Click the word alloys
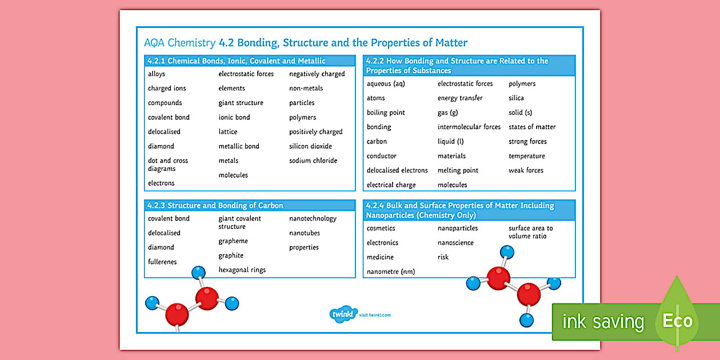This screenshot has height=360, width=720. tap(157, 74)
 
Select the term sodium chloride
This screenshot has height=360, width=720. tap(313, 161)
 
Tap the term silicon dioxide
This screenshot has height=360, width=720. tap(310, 146)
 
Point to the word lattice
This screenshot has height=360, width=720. tap(228, 131)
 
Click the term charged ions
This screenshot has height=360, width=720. tap(167, 89)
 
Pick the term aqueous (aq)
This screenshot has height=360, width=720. tap(386, 84)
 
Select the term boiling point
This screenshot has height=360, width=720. tap(386, 113)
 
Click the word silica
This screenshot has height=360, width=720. tap(516, 98)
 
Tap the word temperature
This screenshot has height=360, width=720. tap(527, 156)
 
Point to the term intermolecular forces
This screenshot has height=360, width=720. tap(469, 127)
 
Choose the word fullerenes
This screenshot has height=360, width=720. tap(162, 262)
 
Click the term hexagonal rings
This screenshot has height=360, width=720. tap(242, 270)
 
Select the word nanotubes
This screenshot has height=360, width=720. tap(305, 233)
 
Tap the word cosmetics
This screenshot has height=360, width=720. tap(381, 229)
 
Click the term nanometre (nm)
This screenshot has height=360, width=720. tap(391, 271)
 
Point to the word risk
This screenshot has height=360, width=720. tap(443, 257)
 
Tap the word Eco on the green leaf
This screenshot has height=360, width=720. tap(677, 321)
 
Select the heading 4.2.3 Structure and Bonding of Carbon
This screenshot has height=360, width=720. tap(215, 206)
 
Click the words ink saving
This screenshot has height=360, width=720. tap(603, 322)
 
